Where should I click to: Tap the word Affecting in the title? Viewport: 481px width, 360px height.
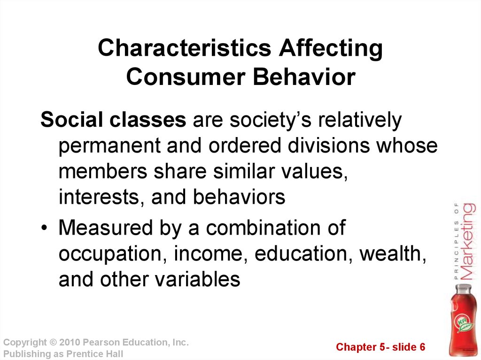(331, 48)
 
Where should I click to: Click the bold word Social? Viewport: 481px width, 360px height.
(72, 119)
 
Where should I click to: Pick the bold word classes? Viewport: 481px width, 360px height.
(147, 119)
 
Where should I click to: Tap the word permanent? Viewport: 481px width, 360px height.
(109, 146)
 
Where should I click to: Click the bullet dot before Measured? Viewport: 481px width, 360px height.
(45, 228)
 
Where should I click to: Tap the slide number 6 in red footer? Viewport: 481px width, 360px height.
(422, 347)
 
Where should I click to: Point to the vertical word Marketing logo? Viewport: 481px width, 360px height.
(469, 241)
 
